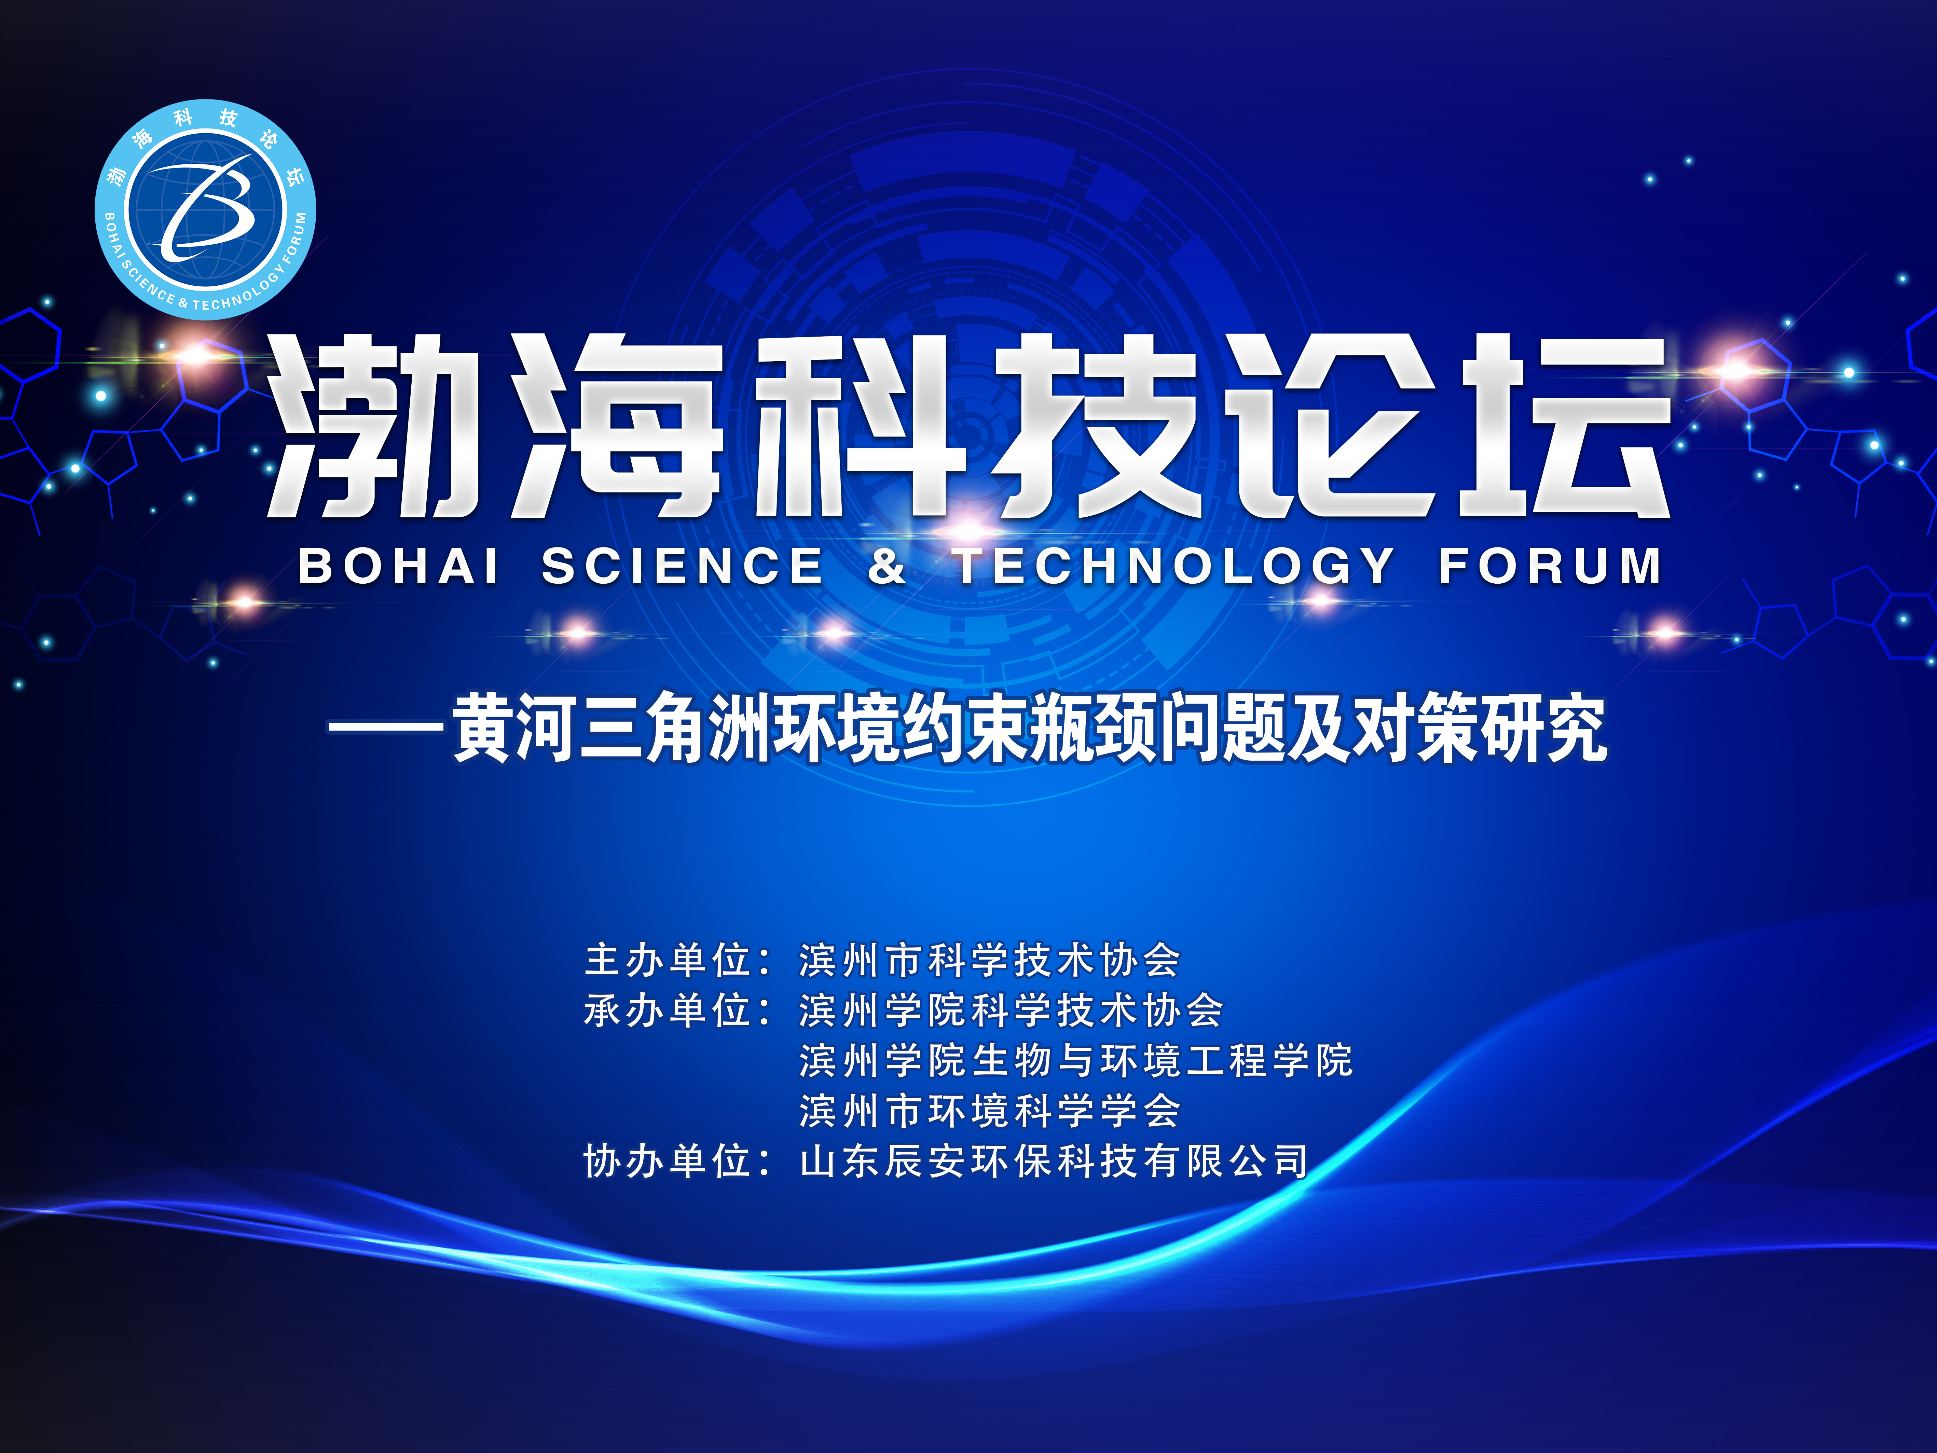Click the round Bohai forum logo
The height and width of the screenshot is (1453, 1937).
tap(206, 209)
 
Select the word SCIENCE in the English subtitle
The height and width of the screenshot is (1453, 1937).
tap(682, 566)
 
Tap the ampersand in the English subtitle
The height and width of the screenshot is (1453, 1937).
tap(887, 566)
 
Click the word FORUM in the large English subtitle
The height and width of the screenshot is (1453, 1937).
tap(1550, 566)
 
